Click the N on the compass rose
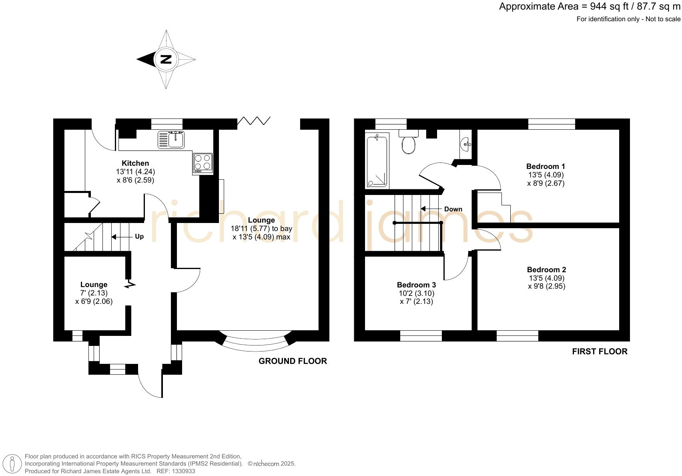pos(166,59)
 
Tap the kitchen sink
pos(171,140)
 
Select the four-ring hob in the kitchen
pos(203,163)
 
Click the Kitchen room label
pos(135,163)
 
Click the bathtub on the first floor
pos(377,161)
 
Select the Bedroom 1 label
pos(546,166)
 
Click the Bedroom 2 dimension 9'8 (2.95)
pos(546,286)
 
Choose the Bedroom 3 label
pos(416,285)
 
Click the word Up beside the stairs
pos(139,237)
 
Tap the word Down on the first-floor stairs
pos(453,209)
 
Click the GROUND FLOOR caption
pos(293,361)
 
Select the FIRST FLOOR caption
pos(600,351)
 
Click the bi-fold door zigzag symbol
pos(254,121)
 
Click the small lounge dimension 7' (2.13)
pos(94,293)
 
